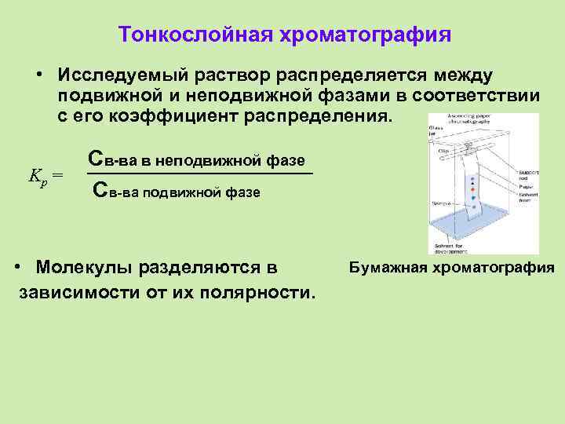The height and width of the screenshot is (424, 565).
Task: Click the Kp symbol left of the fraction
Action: pos(36,174)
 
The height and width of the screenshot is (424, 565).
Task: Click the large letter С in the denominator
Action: pos(99,189)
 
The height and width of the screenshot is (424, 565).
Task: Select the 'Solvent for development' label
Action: pos(449,250)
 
